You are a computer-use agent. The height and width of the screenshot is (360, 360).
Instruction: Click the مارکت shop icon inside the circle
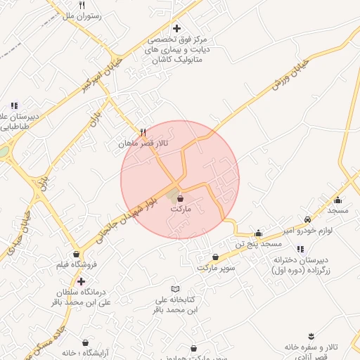(x=180, y=200)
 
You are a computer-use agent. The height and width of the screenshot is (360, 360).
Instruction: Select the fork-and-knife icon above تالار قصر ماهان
(x=142, y=131)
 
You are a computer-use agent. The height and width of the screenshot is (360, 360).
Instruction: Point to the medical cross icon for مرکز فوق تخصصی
(x=176, y=28)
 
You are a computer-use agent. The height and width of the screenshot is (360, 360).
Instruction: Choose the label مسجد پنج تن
(x=259, y=243)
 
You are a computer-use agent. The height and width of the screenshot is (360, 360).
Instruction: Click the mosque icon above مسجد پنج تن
(x=258, y=233)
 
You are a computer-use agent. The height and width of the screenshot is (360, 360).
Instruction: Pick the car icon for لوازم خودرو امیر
(x=307, y=219)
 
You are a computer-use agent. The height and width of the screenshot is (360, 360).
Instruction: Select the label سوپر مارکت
(x=215, y=268)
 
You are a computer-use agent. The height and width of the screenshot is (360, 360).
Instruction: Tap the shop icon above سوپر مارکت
(x=215, y=258)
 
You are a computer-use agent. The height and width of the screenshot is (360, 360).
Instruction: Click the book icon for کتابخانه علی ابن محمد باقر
(x=176, y=289)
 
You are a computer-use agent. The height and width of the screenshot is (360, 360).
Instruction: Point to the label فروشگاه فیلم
(x=75, y=265)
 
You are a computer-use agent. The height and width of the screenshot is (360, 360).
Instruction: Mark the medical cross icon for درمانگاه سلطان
(x=81, y=281)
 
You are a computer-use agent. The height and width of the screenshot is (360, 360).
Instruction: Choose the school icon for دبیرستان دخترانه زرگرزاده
(x=301, y=249)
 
